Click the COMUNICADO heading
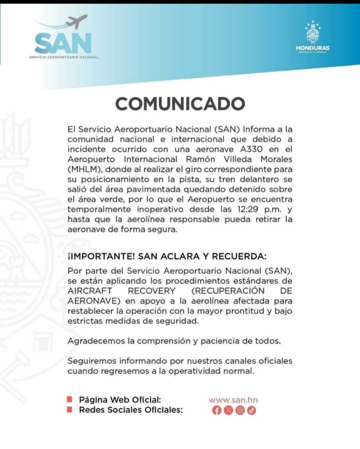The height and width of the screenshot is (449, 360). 180,104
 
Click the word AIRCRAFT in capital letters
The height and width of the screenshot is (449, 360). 88,291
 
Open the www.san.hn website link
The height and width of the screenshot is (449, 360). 232,400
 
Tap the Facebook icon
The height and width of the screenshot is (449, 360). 216,410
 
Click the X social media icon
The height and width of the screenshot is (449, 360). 228,410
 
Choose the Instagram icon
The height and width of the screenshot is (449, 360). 239,410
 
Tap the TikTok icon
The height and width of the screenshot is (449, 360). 251,410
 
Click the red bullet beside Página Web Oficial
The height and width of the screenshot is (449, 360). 69,400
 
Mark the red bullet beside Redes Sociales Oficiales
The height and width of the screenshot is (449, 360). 69,410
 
